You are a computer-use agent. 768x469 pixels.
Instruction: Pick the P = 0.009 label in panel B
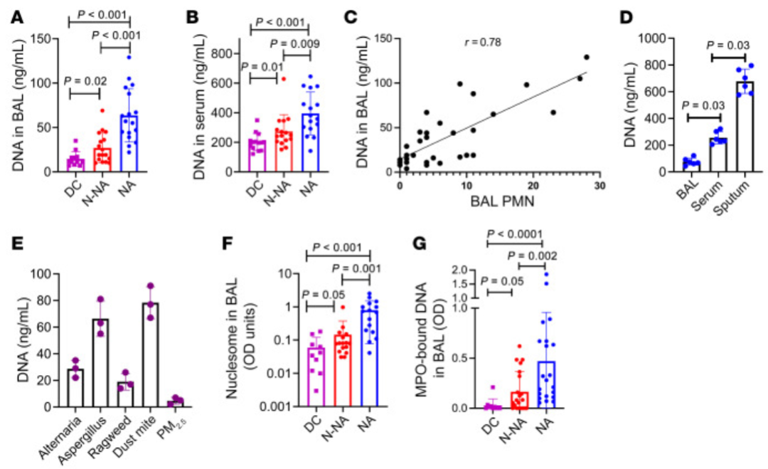coord(296,43)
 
